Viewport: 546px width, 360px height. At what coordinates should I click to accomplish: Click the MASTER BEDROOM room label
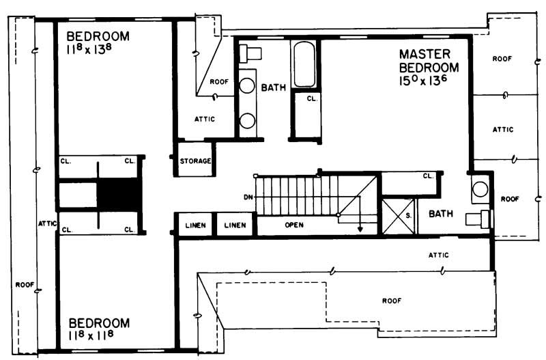tap(429, 61)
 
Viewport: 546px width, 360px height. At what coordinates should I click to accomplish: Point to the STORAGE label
tap(195, 162)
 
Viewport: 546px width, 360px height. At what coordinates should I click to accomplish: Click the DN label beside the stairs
tap(248, 197)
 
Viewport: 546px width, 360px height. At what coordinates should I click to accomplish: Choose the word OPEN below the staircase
tap(294, 225)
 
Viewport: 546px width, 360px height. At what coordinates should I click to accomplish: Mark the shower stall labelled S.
tap(397, 214)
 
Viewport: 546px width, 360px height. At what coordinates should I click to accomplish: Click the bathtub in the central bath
tap(304, 65)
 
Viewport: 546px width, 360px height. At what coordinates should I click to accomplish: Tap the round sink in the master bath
tap(480, 189)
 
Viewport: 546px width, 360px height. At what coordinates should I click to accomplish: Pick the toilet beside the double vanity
tap(250, 53)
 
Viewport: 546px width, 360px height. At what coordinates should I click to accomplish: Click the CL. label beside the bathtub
tap(311, 99)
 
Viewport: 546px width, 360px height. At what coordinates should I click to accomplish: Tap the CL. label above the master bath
tap(428, 176)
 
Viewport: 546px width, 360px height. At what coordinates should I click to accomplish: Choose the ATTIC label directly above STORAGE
tap(205, 119)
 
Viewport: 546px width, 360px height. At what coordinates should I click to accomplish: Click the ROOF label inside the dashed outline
tap(391, 300)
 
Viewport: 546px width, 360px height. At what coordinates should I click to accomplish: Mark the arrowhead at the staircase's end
tap(360, 230)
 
